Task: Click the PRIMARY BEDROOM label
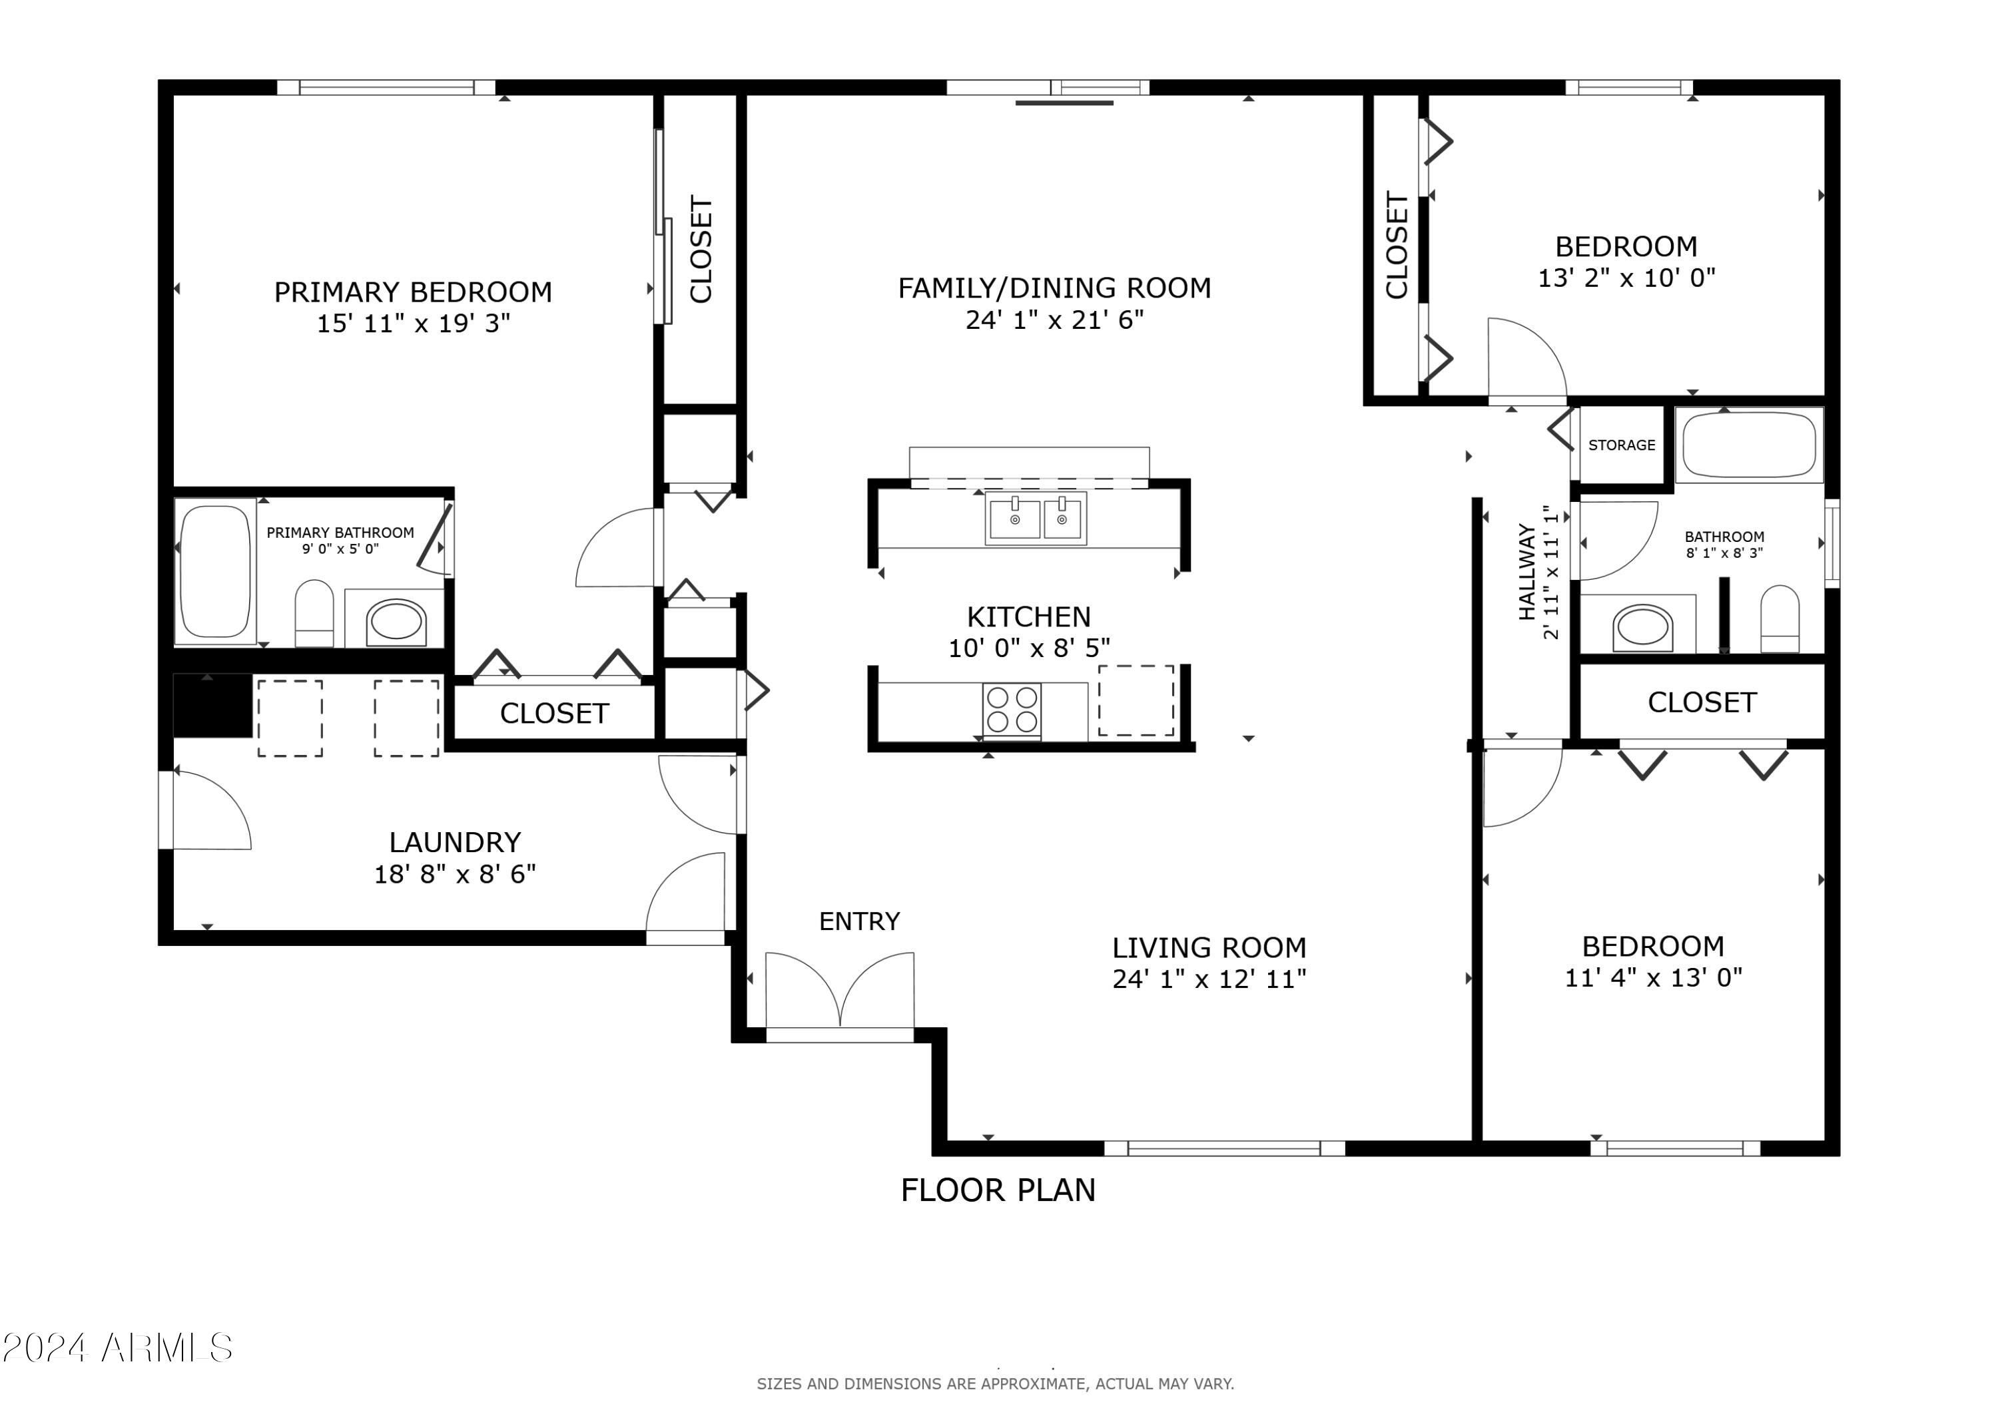[x=414, y=292]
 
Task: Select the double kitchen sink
[x=1036, y=519]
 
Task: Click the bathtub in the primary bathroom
[x=215, y=572]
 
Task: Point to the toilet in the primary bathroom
[x=314, y=613]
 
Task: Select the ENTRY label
[x=859, y=921]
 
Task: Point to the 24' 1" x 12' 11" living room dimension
[x=1209, y=979]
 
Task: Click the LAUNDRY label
[x=454, y=842]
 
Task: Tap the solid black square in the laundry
[x=213, y=706]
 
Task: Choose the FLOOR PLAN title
[x=998, y=1190]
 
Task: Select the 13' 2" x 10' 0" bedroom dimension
[x=1626, y=278]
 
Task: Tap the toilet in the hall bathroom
[x=1780, y=618]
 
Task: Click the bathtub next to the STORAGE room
[x=1749, y=445]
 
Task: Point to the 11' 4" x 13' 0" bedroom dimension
[x=1654, y=978]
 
